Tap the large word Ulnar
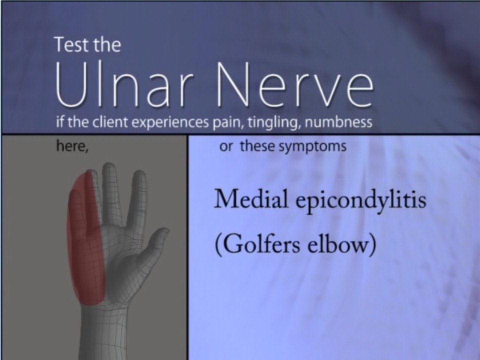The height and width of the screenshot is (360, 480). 125,84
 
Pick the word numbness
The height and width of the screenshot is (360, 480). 338,122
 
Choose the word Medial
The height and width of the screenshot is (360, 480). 251,199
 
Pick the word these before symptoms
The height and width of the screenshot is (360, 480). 257,146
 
